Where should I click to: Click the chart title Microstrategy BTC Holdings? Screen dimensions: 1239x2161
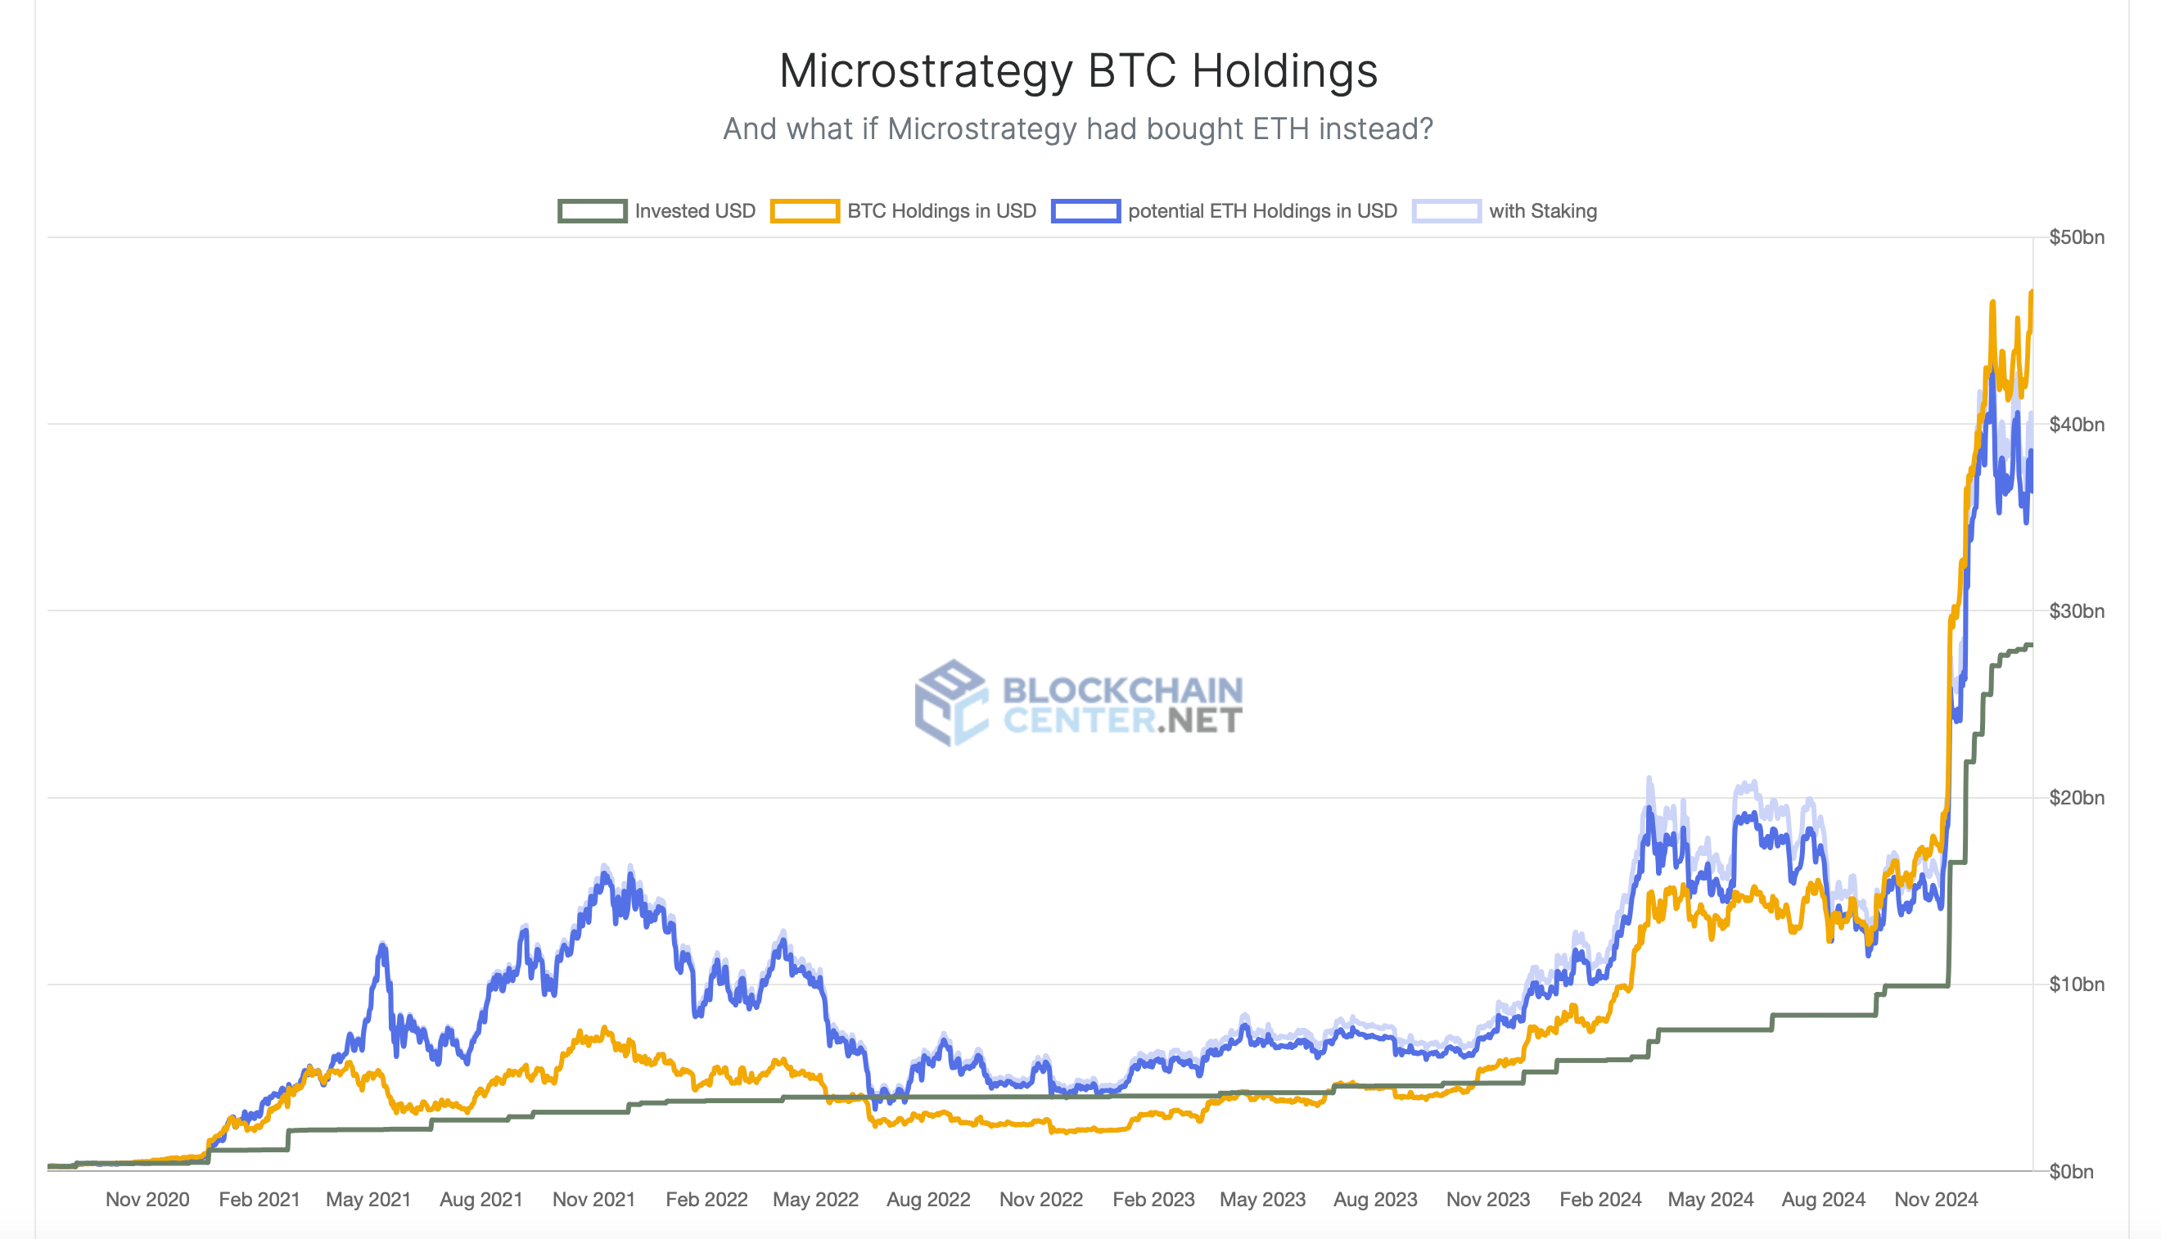1077,70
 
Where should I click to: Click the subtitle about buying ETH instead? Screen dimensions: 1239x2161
1077,128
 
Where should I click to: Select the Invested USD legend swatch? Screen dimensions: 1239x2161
593,211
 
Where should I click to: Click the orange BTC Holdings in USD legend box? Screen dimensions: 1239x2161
805,211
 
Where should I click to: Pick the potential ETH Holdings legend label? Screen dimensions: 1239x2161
1261,211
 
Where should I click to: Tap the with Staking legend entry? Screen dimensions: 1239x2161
1541,211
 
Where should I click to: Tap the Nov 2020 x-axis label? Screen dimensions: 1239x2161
147,1199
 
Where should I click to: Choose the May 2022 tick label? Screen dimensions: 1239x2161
815,1199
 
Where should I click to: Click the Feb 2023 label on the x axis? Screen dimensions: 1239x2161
1153,1199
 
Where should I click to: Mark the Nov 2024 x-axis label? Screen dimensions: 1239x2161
1935,1199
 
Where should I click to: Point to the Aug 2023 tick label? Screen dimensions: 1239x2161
1374,1199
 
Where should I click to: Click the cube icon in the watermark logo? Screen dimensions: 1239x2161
950,703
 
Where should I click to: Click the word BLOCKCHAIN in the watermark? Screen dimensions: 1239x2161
1121,690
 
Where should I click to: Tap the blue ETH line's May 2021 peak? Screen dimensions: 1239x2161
383,945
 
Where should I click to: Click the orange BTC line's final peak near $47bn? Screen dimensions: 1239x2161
2031,293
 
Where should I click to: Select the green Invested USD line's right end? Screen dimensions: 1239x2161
2031,645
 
